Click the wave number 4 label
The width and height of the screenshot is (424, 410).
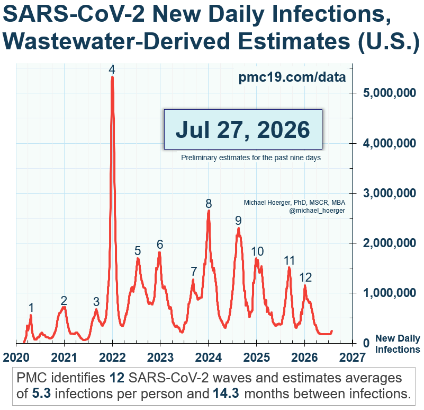click(112, 69)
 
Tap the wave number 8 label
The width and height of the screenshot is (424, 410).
click(209, 204)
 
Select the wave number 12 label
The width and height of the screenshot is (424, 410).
click(305, 277)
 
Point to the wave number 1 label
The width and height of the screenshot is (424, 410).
click(31, 308)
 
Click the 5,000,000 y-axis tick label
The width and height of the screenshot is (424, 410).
click(390, 93)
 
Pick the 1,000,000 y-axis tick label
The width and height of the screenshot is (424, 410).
click(390, 293)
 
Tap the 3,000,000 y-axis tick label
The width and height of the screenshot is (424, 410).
click(390, 193)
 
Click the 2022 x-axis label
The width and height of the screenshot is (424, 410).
click(112, 357)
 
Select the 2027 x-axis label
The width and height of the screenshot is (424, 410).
click(353, 357)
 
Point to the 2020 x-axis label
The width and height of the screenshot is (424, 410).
click(16, 357)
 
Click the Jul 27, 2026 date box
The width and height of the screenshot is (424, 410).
click(243, 129)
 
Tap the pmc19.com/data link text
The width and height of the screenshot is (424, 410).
click(292, 77)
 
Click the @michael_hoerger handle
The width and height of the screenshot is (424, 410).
click(317, 211)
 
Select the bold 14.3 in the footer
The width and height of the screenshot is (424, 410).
click(226, 394)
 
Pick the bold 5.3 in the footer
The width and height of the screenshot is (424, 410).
click(41, 394)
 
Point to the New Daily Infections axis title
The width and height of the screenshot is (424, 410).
click(398, 344)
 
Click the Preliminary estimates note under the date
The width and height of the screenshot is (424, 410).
click(251, 158)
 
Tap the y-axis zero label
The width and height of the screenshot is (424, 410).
click(366, 343)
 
